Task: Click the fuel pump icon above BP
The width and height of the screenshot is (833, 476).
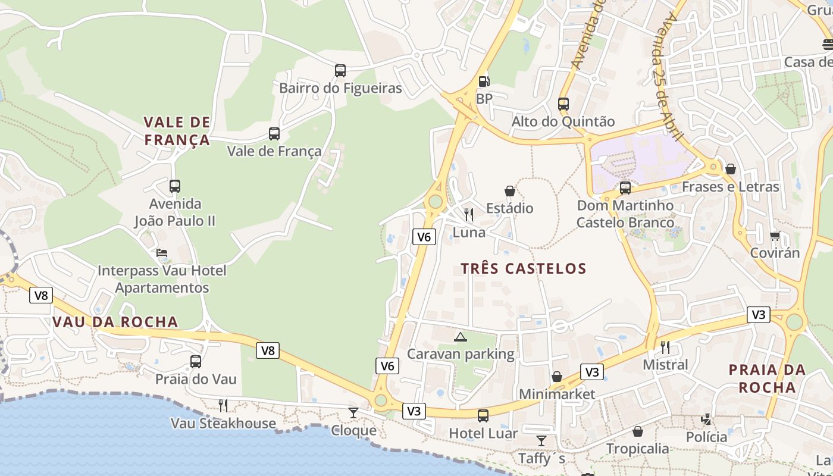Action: tap(484, 81)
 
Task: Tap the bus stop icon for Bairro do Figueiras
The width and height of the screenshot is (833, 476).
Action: tap(340, 71)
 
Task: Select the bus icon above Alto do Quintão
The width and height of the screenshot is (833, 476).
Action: tap(563, 104)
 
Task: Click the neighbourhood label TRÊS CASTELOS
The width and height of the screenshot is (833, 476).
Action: tap(524, 268)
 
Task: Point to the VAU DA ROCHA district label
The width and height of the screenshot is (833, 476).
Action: tap(115, 322)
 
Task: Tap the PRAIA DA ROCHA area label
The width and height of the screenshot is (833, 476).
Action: tap(767, 378)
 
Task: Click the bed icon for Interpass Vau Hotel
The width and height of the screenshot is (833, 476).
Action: tap(162, 253)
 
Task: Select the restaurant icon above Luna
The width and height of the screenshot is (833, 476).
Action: tap(469, 215)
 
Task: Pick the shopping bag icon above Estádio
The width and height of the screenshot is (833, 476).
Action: tap(510, 191)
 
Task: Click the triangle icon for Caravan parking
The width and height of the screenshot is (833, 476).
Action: tap(461, 337)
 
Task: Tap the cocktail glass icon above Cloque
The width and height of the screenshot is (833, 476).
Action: tap(353, 412)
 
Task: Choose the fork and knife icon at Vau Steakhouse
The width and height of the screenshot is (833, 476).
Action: tap(223, 406)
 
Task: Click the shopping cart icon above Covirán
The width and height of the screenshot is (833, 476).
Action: tap(775, 236)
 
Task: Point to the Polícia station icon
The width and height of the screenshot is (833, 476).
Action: tap(706, 419)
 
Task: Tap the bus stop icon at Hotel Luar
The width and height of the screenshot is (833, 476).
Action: tap(483, 416)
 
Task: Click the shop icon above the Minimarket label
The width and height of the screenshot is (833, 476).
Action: tap(557, 377)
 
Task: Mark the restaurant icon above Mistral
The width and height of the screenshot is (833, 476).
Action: tap(665, 347)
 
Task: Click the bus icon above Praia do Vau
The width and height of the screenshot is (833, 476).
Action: tap(196, 362)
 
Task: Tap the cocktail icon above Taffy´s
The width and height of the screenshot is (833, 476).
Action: tap(541, 441)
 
